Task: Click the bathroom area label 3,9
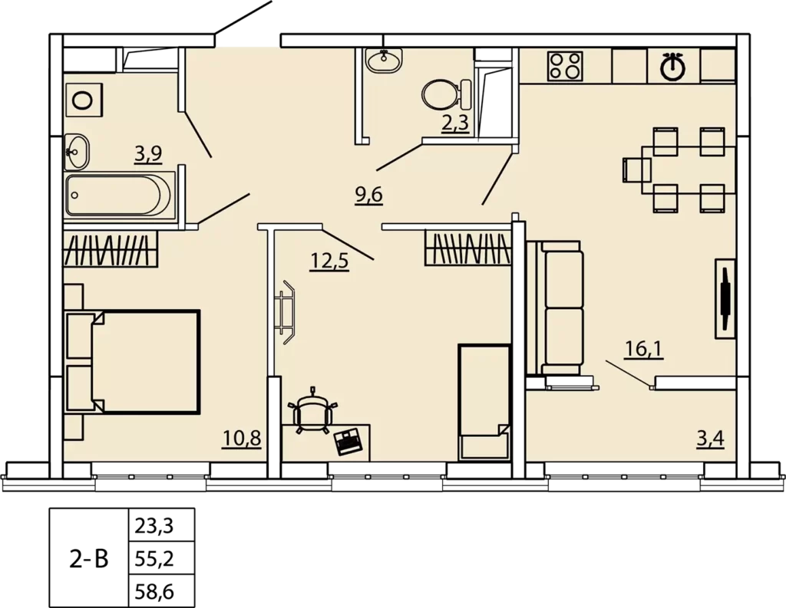[x=148, y=154]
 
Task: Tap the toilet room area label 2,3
[x=456, y=123]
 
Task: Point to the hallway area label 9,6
[x=369, y=194]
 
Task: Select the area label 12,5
[x=329, y=261]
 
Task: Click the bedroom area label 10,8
[x=242, y=439]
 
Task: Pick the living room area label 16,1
[x=644, y=349]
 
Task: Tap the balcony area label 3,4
[x=710, y=439]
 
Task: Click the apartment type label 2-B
[x=89, y=558]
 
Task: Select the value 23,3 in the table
[x=154, y=526]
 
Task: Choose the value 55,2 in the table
[x=154, y=558]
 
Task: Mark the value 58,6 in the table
[x=154, y=591]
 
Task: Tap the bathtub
[x=119, y=196]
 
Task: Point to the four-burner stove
[x=565, y=66]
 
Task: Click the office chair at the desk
[x=313, y=410]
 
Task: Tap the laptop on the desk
[x=348, y=441]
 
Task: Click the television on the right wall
[x=725, y=298]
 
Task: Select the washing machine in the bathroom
[x=84, y=100]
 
